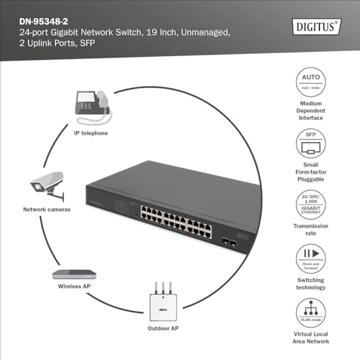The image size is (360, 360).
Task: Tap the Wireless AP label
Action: pyautogui.click(x=73, y=287)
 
